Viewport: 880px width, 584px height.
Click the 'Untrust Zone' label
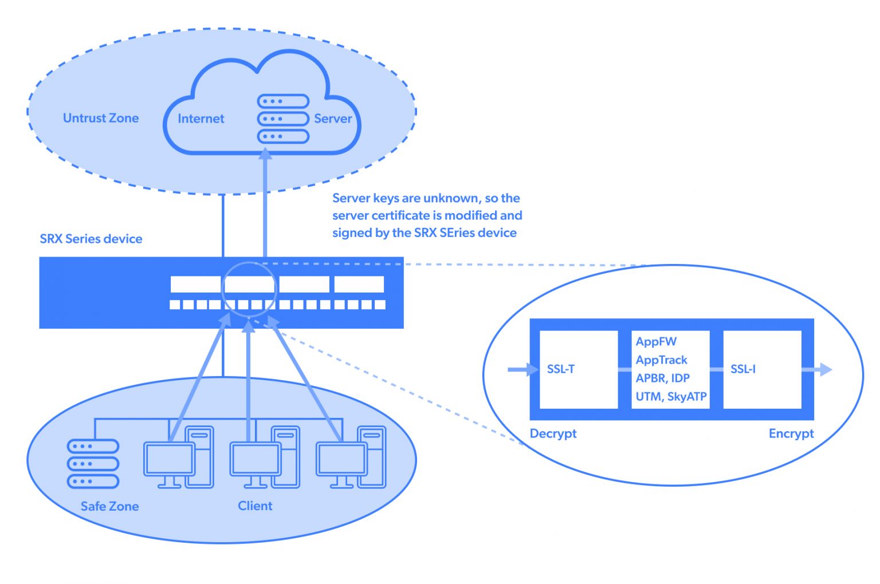101,119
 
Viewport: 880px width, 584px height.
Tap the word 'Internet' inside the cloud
201,119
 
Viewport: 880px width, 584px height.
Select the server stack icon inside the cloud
283,119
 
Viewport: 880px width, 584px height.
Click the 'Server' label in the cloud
333,119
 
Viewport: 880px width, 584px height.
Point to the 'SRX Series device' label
91,239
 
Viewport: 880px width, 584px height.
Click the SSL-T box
578,369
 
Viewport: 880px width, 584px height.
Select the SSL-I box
762,369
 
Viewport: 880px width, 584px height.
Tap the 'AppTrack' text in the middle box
661,360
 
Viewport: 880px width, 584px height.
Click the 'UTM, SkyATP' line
671,396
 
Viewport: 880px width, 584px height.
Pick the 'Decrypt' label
553,433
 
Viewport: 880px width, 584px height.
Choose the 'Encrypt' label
791,433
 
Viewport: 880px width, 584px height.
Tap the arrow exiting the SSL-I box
818,369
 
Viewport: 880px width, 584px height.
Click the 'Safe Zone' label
109,506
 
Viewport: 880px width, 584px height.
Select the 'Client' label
255,506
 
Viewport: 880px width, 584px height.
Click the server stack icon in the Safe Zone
93,464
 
